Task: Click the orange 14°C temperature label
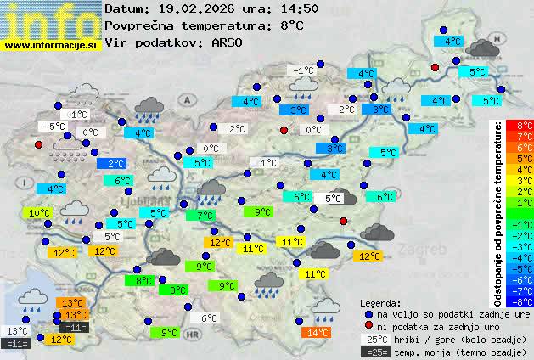point(318,332)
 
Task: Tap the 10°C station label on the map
point(39,213)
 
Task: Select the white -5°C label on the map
point(54,127)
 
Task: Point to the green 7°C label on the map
point(205,216)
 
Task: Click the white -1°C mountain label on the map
point(302,70)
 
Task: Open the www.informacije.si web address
point(50,45)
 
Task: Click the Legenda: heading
point(380,303)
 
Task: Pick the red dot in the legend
point(368,325)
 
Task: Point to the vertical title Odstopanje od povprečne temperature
point(498,212)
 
